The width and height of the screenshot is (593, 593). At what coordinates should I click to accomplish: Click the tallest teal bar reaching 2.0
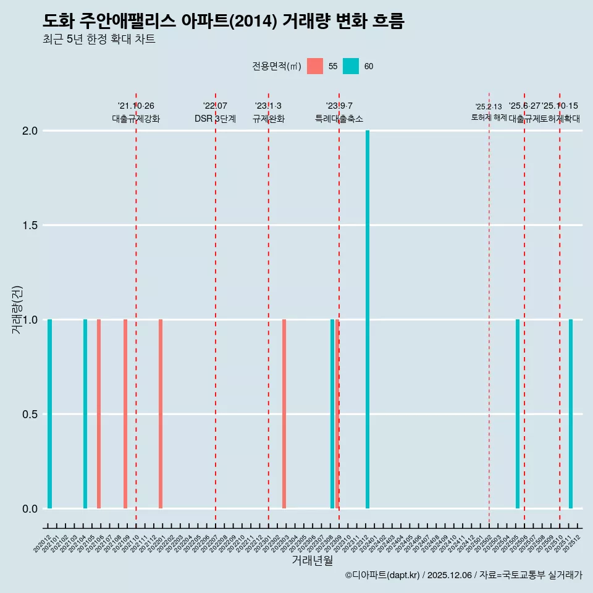coord(368,319)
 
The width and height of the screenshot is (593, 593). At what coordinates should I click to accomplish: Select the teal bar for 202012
coord(49,414)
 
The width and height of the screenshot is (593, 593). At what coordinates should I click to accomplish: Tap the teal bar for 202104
coord(85,414)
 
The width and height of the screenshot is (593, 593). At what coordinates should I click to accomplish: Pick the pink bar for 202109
coord(125,414)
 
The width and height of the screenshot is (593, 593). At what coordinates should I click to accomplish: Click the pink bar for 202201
coord(161,414)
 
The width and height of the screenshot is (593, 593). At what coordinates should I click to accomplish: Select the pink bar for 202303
coord(284,414)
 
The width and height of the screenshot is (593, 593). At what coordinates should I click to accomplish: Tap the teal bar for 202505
coord(518,414)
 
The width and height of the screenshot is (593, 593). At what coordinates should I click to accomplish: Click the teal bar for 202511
coord(571,414)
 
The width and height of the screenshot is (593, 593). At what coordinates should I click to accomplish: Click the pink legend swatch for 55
coord(315,66)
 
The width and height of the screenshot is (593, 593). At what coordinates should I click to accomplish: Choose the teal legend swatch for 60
coord(351,66)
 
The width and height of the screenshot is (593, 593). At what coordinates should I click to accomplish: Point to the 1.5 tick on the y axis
coord(30,225)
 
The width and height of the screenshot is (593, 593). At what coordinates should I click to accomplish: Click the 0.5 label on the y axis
coord(30,414)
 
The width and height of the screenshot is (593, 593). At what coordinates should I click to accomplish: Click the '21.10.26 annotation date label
coord(136,106)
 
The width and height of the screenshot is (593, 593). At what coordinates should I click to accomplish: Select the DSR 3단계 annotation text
coord(215,119)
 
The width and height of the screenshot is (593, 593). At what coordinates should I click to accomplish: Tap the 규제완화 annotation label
coord(268,119)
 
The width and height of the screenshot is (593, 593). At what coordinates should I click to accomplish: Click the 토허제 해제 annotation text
coord(489,117)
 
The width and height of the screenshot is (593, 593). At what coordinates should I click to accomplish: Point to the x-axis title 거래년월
coord(313,561)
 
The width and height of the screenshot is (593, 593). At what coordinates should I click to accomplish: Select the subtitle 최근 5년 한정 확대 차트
coord(99,40)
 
